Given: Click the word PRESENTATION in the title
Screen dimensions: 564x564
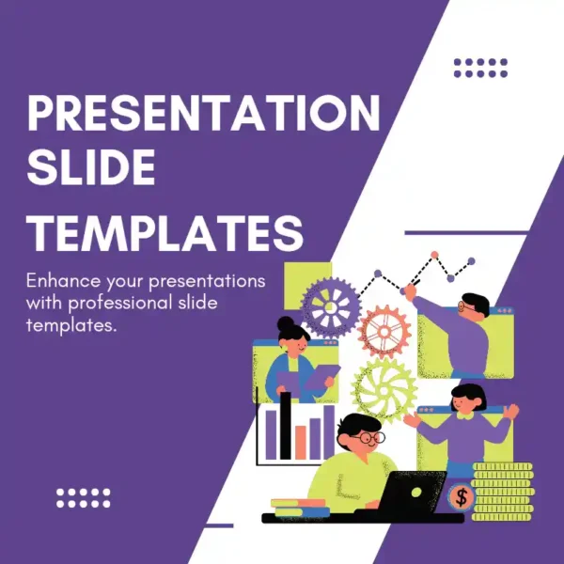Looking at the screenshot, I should tap(204, 115).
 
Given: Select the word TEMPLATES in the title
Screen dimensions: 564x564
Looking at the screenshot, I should tap(166, 231).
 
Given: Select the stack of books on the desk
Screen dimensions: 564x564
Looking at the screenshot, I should tap(300, 509).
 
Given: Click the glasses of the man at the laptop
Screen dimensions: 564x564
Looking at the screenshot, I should tap(368, 438).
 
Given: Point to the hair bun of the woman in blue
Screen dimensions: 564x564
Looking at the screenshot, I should tap(285, 324).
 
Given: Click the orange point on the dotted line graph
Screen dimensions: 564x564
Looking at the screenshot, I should tap(434, 255).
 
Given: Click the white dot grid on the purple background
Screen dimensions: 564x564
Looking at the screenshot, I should tap(83, 498).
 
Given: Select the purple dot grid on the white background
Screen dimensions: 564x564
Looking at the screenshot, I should tap(480, 67).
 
